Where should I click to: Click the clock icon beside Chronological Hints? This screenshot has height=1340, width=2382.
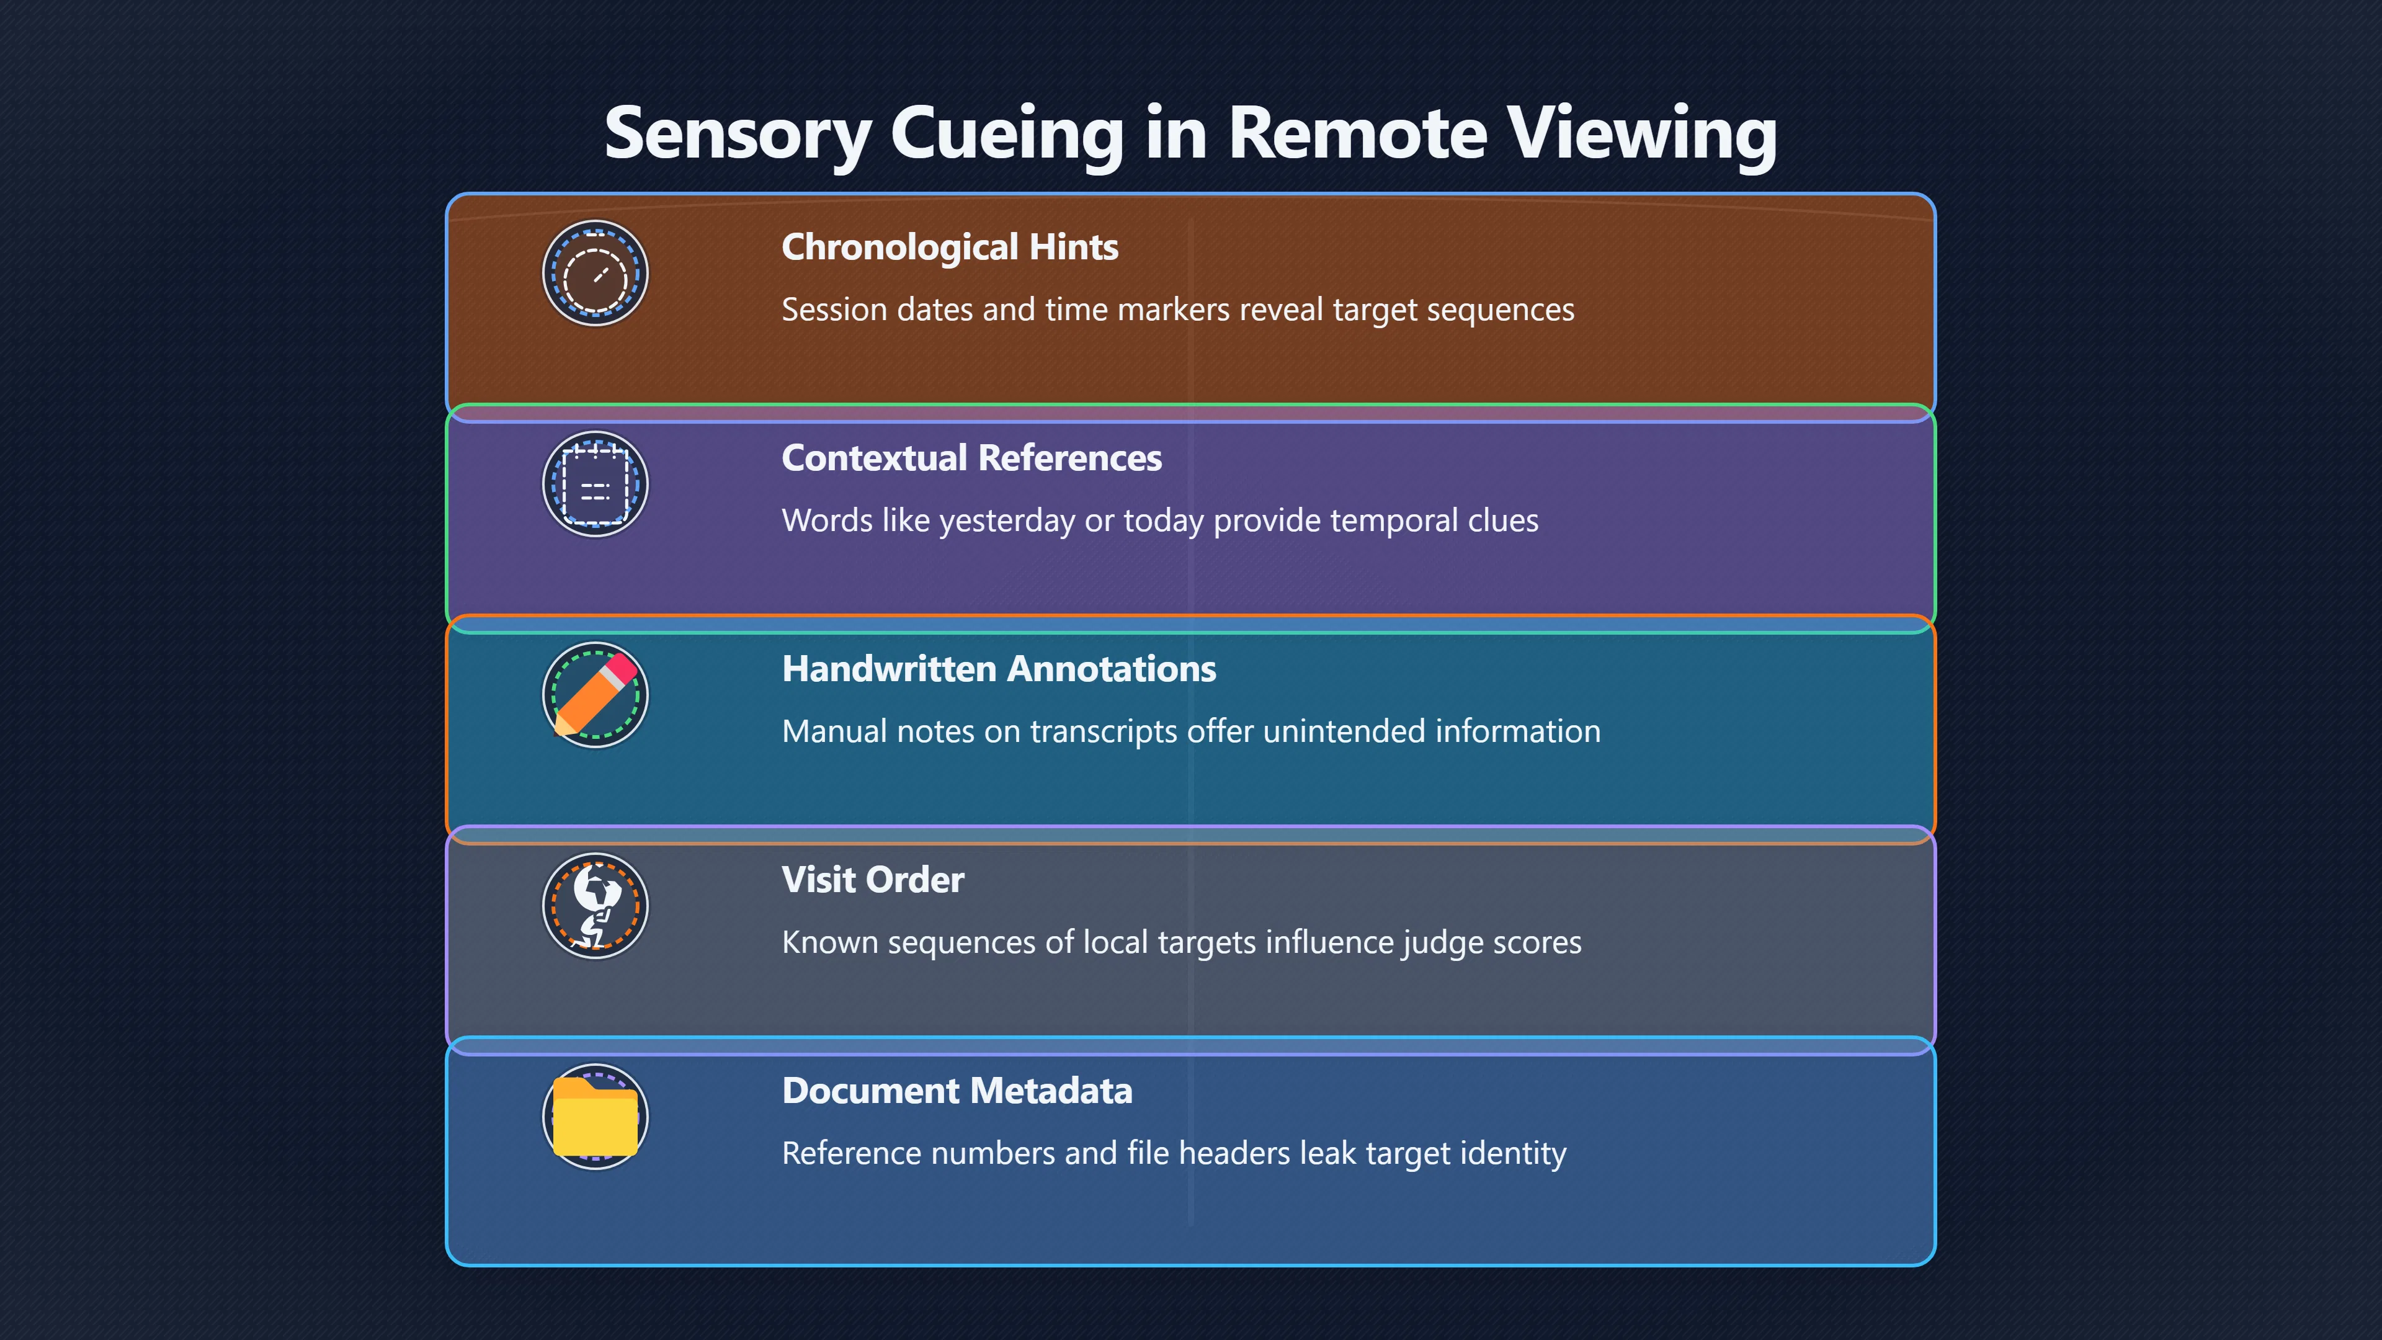coord(595,274)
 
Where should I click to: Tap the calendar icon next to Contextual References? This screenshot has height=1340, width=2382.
coord(595,485)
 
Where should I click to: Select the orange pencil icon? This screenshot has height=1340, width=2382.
coord(595,695)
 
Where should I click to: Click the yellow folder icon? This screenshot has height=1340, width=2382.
coord(595,1117)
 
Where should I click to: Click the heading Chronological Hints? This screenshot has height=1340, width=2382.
coord(950,247)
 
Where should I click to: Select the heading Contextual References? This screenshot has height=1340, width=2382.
coord(972,458)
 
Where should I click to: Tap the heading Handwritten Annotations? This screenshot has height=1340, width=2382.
coord(999,669)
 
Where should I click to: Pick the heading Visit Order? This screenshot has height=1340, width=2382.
coord(873,880)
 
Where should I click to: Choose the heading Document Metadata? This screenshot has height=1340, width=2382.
coord(957,1091)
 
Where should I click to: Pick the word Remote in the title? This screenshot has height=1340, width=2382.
coord(1357,133)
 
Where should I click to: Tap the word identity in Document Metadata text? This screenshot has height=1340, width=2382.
coord(1513,1154)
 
